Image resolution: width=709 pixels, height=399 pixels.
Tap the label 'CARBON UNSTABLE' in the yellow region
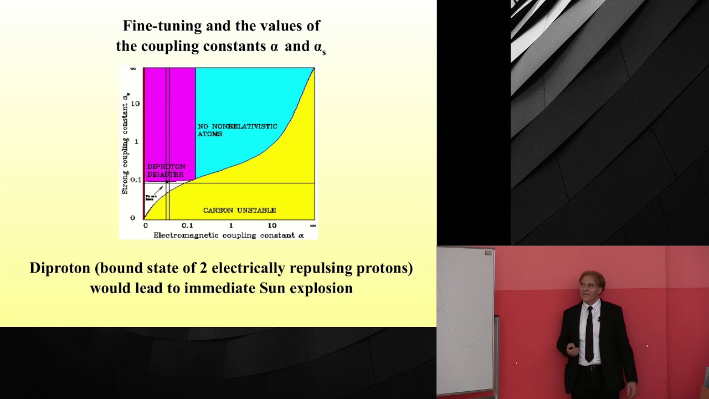[239, 211]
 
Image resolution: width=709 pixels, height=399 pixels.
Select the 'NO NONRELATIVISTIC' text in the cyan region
[237, 127]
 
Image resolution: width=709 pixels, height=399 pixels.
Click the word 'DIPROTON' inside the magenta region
[166, 167]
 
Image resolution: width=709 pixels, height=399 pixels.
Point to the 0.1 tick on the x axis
[187, 226]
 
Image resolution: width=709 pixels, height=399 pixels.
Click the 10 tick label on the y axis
[135, 104]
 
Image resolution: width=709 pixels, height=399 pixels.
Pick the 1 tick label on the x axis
[231, 226]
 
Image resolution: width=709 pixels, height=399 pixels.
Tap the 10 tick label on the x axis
[272, 226]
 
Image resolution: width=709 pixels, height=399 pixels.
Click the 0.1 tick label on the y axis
[135, 180]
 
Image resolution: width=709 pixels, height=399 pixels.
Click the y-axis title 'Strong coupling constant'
[126, 144]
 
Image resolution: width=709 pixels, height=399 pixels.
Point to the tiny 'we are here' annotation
[151, 197]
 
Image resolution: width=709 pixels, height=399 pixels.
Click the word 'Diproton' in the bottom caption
[60, 268]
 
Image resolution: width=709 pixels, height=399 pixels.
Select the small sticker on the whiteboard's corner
[488, 253]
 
